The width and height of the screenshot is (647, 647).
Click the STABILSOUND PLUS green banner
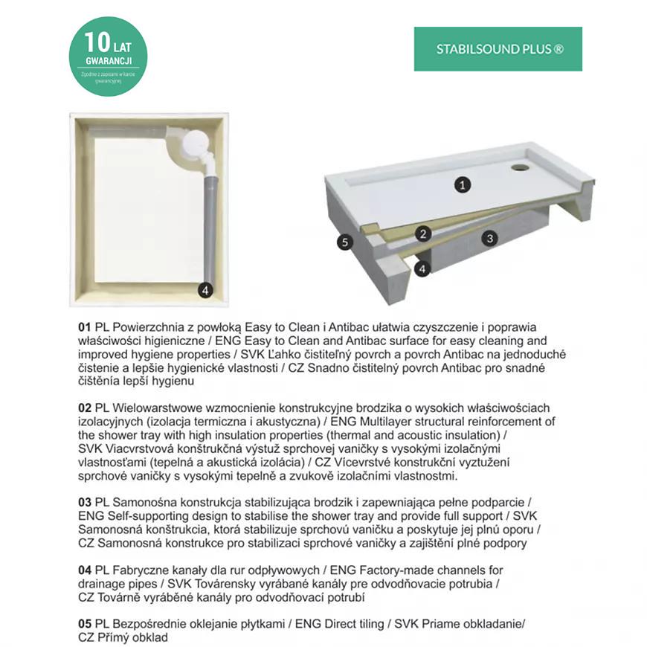498,49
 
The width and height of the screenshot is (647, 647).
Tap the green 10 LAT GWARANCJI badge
108,57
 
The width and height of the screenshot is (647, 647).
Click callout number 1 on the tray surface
463,184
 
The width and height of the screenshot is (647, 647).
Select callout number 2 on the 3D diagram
423,234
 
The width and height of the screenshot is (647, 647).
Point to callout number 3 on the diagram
489,238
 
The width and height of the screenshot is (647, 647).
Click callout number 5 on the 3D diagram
343,242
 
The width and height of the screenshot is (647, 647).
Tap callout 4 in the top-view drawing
205,291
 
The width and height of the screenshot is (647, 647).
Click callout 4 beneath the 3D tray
422,268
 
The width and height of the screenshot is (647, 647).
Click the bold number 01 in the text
84,327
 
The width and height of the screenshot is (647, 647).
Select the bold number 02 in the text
84,408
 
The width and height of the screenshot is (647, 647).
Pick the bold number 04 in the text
84,570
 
